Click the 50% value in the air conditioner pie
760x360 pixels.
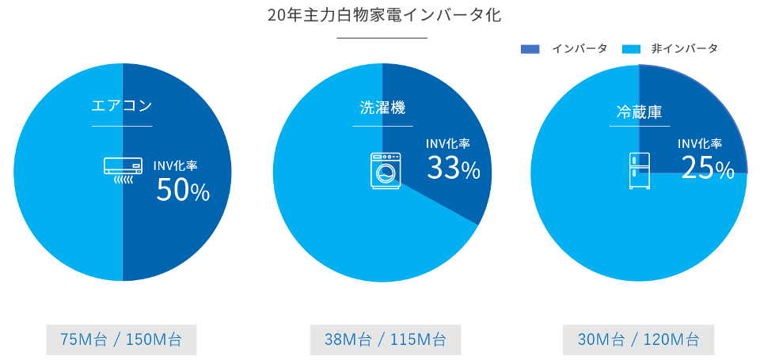coord(182,191)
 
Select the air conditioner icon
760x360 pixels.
coord(122,169)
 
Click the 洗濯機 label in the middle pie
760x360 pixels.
coord(382,108)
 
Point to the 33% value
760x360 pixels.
coord(453,168)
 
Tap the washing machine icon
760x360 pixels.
coord(386,170)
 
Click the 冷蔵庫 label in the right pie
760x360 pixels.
coord(639,112)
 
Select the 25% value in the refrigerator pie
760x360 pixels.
coord(708,168)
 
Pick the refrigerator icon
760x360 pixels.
coord(639,170)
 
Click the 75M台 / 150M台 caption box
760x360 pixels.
coord(121,340)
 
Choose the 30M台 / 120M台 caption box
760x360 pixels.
coord(638,340)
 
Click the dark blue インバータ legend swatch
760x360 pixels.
coord(530,49)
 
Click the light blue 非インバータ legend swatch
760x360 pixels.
coord(631,49)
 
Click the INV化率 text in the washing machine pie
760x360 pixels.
coord(447,143)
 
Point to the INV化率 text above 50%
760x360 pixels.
coord(175,166)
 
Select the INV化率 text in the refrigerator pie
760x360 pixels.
coord(700,144)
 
